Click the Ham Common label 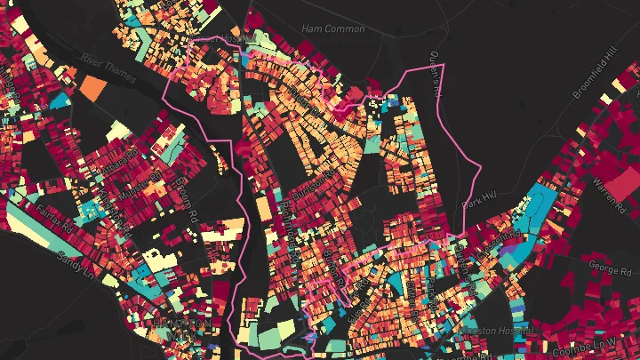click(x=333, y=29)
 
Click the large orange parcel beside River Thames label click(x=93, y=86)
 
